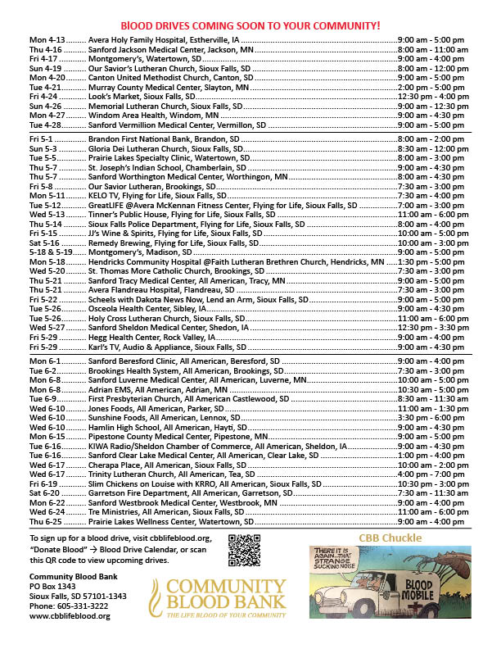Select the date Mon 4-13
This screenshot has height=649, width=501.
click(46, 40)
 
